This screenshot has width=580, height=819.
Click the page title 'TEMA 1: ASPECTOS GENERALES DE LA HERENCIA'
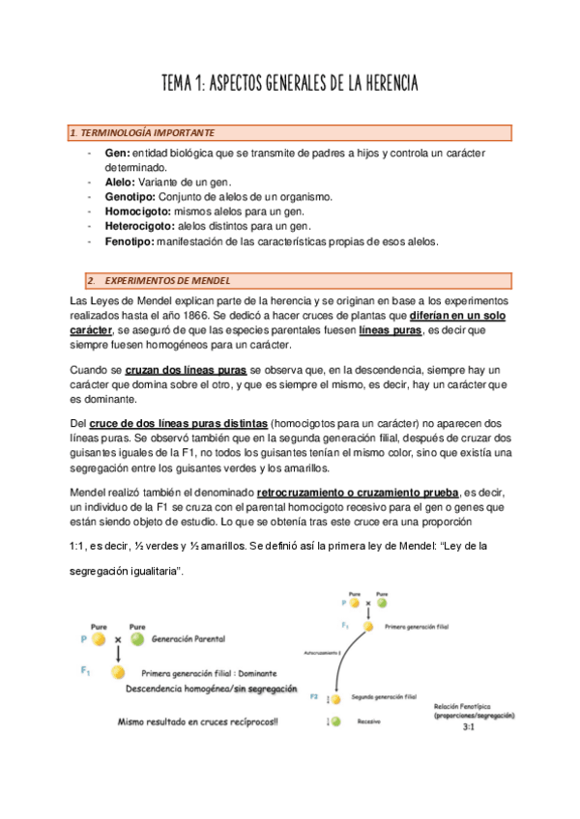tap(289, 84)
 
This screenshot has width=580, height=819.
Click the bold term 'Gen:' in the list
tap(116, 155)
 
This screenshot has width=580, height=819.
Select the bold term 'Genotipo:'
tap(129, 196)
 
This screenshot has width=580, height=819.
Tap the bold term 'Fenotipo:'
tap(129, 241)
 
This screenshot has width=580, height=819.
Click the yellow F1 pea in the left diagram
tap(118, 672)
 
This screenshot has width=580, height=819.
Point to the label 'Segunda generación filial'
tap(383, 695)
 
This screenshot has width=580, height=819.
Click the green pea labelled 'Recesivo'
tap(335, 720)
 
